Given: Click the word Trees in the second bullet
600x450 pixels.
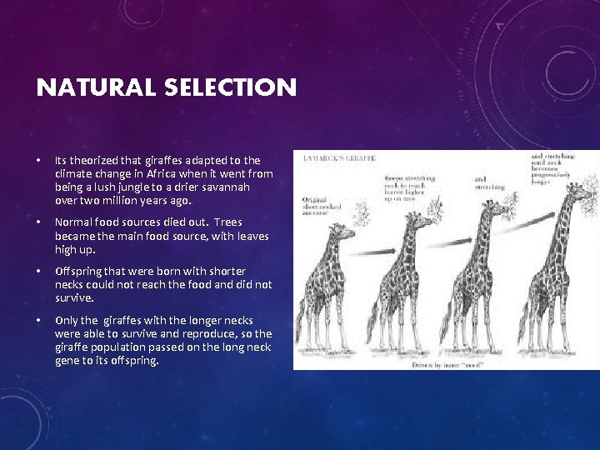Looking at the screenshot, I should (x=228, y=222).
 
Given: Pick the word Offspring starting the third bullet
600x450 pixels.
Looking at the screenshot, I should (x=79, y=271).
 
